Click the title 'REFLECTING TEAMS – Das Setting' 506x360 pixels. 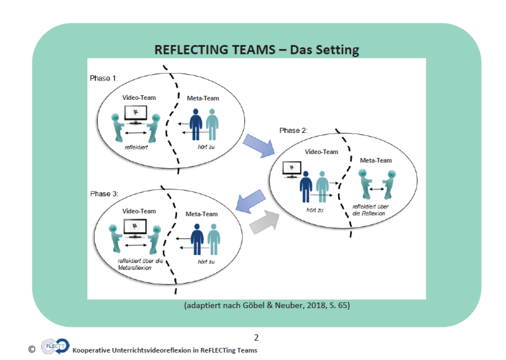[x=256, y=50]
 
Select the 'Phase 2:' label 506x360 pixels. [x=293, y=130]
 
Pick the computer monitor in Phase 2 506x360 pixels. [x=291, y=169]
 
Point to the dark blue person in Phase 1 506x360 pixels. [x=196, y=124]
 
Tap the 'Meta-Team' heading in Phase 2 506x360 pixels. [x=376, y=160]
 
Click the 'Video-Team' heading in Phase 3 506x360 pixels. [x=139, y=211]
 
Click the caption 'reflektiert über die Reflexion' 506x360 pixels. [x=370, y=210]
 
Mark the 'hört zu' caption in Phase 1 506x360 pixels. [x=206, y=148]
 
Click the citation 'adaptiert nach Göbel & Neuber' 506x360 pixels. [x=267, y=306]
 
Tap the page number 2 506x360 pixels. [x=256, y=337]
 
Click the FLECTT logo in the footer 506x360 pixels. [x=55, y=347]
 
